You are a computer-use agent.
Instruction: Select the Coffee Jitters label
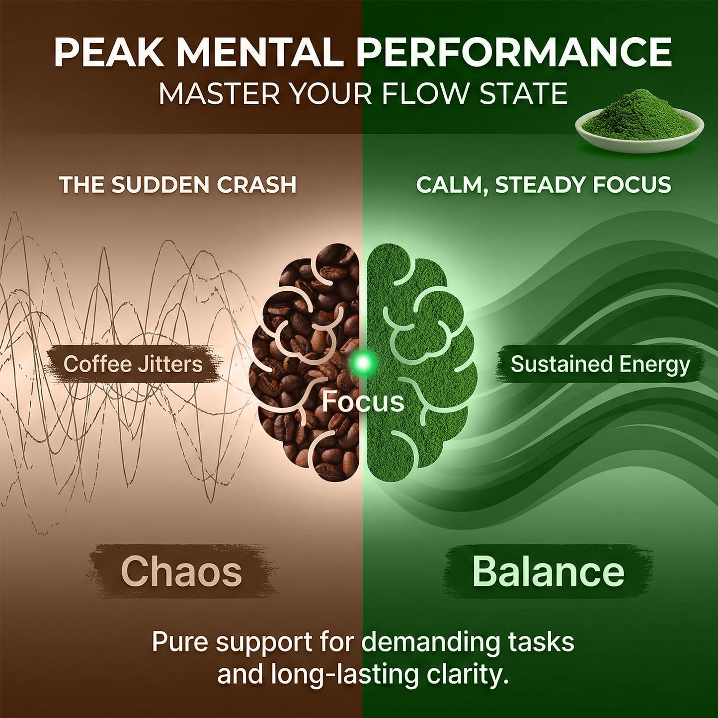pyautogui.click(x=133, y=364)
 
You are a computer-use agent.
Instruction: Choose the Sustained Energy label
pyautogui.click(x=600, y=364)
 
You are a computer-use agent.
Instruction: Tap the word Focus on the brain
pyautogui.click(x=363, y=401)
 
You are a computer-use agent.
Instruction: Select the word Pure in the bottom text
pyautogui.click(x=179, y=640)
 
